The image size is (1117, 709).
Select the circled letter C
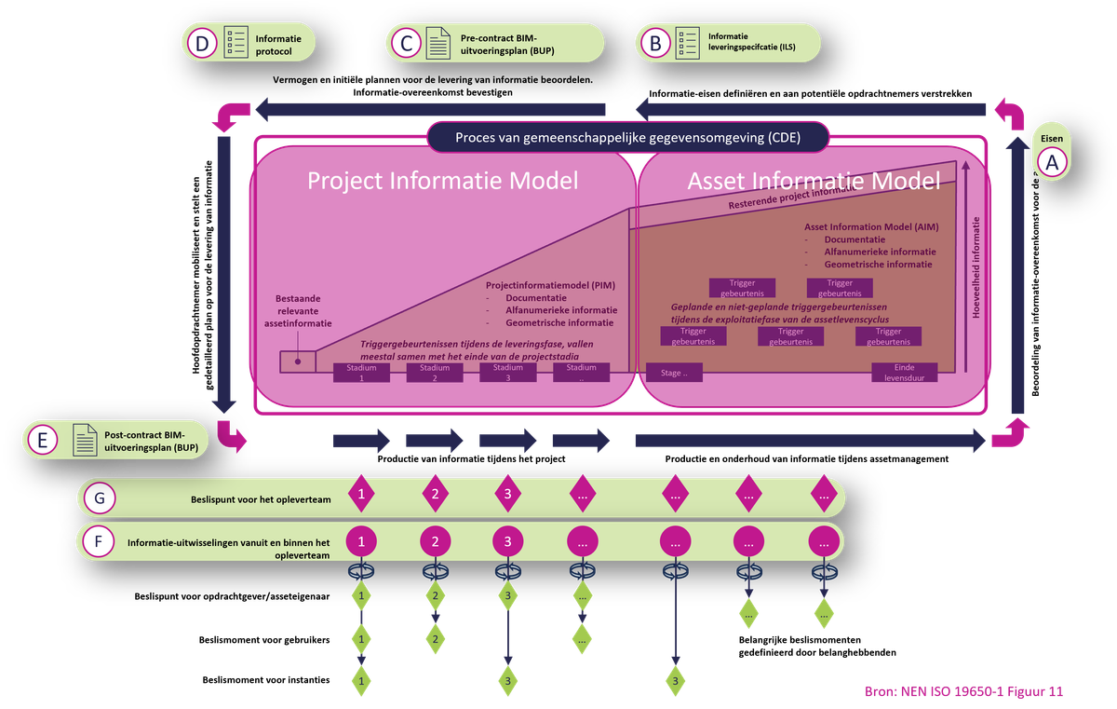pos(406,43)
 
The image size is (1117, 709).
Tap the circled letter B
pos(655,43)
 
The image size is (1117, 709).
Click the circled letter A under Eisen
pos(1053,162)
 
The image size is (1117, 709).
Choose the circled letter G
pos(99,498)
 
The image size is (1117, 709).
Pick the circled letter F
pos(99,541)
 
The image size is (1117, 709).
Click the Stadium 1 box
pos(361,373)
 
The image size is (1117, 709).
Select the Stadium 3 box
pos(507,373)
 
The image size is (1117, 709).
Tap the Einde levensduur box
pos(904,373)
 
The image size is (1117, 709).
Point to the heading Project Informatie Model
pos(443,181)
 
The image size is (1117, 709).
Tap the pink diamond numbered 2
pos(435,495)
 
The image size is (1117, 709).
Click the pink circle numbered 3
pos(507,540)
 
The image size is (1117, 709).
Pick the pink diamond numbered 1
pos(361,495)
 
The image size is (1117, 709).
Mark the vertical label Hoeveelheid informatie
pos(976,268)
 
